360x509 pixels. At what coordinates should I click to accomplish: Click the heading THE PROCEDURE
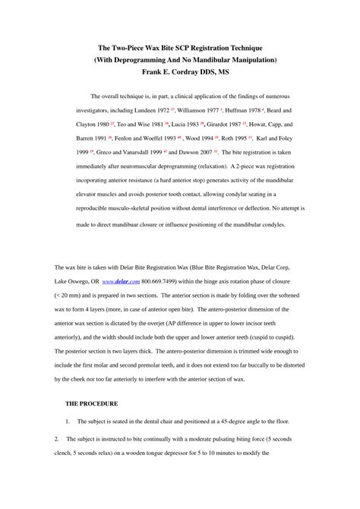(x=91, y=403)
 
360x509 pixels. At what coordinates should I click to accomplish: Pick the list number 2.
(x=57, y=439)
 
